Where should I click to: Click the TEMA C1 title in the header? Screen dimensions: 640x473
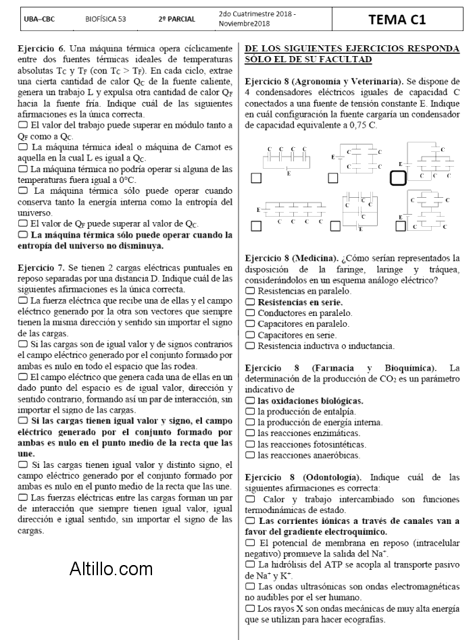(x=397, y=20)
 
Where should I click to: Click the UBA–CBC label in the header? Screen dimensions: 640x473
(x=39, y=20)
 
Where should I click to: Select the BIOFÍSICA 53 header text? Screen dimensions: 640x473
(x=105, y=20)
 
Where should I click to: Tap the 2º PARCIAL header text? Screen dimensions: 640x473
(x=176, y=20)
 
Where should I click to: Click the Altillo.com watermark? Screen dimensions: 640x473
(x=111, y=569)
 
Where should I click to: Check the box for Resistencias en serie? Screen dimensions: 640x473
(x=250, y=302)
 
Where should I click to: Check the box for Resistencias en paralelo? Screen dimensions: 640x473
(x=250, y=291)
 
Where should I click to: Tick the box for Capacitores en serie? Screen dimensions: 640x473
(x=250, y=335)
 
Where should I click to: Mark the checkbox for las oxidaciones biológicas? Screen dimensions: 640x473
(x=250, y=400)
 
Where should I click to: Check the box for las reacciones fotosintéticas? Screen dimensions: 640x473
(x=250, y=444)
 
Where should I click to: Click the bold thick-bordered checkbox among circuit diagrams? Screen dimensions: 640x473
(x=398, y=178)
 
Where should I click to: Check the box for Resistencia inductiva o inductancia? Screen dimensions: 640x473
(x=250, y=346)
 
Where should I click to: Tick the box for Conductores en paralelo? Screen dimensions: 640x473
(x=250, y=313)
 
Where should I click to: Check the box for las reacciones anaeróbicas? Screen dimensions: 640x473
(x=250, y=455)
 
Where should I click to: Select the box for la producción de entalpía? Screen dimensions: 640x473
(x=250, y=411)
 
